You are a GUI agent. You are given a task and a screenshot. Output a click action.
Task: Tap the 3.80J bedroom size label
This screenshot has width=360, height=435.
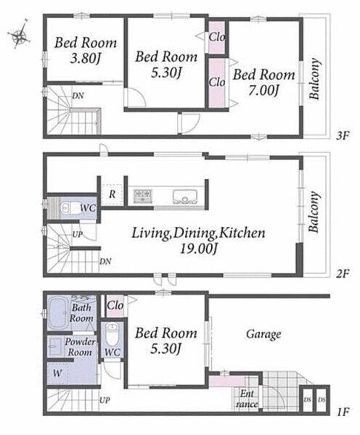tap(85, 59)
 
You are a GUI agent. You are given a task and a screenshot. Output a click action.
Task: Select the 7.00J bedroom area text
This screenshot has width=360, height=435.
tap(263, 91)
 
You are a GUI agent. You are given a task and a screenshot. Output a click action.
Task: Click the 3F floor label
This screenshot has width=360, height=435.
tap(343, 136)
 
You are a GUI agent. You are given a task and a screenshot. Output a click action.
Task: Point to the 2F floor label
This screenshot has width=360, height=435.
tap(343, 274)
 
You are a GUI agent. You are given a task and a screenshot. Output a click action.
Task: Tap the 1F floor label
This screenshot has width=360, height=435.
tap(343, 412)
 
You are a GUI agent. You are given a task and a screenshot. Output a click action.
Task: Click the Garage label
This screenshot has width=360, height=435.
tap(263, 334)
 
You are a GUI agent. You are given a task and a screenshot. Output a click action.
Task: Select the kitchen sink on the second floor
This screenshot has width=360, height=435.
tap(185, 196)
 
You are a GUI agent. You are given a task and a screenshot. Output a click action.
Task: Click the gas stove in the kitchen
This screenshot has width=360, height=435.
tap(143, 195)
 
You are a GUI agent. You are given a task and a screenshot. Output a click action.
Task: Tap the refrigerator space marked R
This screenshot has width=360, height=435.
tap(112, 194)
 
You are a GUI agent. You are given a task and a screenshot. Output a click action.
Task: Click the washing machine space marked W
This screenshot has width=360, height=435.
tap(57, 373)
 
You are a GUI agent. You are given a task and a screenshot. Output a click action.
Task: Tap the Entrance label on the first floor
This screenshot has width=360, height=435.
tap(246, 399)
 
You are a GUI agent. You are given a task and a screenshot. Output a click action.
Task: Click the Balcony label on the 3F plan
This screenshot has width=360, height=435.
tap(314, 79)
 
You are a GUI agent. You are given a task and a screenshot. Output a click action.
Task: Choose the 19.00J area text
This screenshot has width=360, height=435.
tap(198, 249)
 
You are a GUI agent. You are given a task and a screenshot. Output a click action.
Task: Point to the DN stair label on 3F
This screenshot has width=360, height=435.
tap(78, 96)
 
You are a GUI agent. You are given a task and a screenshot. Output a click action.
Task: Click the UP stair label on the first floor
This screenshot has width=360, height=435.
tap(105, 400)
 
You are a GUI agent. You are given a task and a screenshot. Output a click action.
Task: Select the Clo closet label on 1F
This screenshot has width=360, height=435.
tap(115, 306)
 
